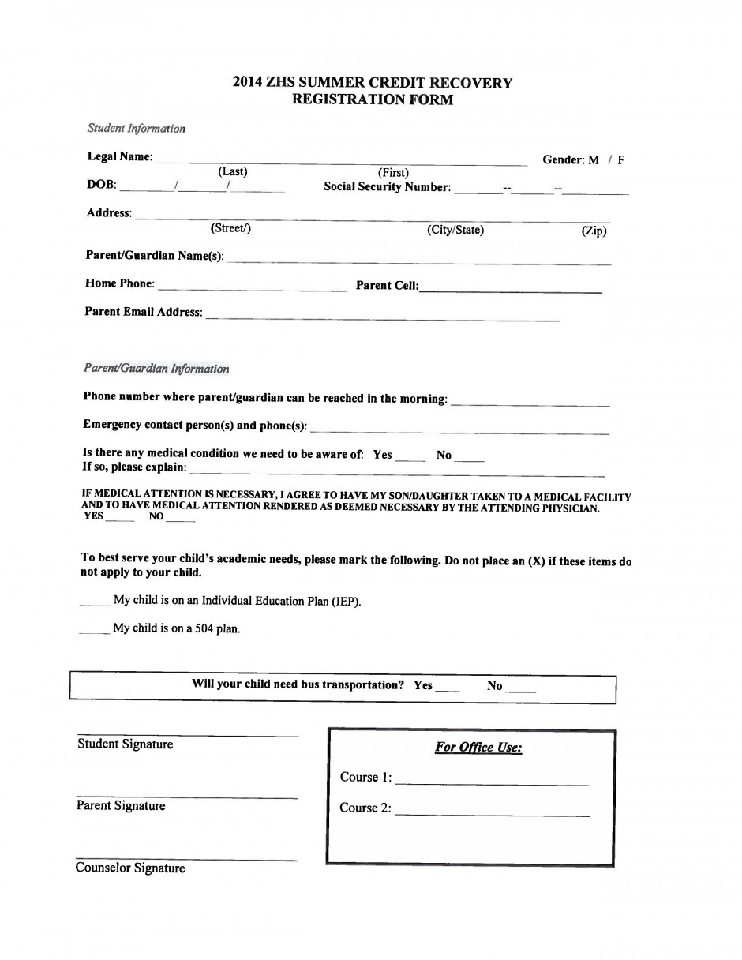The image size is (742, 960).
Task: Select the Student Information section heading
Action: coord(137,128)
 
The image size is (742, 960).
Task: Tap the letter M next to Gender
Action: coord(594,159)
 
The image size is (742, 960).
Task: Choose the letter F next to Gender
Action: coord(621,159)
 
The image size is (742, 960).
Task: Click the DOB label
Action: coord(101,185)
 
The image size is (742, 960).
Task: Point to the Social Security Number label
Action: coord(387,187)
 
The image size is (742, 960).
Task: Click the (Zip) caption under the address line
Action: coord(594,231)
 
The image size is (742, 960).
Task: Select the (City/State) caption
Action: coord(455,230)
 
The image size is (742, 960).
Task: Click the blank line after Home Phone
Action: coord(252,290)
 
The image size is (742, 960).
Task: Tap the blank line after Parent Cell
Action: coord(511,291)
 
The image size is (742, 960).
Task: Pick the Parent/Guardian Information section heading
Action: coord(156,369)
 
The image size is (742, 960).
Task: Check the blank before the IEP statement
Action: coord(95,604)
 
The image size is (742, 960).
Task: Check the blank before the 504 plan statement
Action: coord(95,632)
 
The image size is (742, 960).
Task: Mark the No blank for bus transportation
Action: coord(520,691)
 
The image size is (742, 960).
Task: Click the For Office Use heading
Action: coord(478,748)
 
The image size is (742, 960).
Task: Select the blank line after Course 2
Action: coord(492,814)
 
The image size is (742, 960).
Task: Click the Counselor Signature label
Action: coord(130,868)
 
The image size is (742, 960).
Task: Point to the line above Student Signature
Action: coord(188,736)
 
